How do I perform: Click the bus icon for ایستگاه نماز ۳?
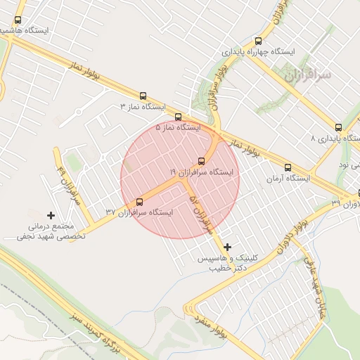pyautogui.click(x=143, y=96)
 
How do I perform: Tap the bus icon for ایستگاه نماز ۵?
pyautogui.click(x=178, y=117)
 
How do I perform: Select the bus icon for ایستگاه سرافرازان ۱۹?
pyautogui.click(x=202, y=161)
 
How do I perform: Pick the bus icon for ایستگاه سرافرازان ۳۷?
pyautogui.click(x=139, y=202)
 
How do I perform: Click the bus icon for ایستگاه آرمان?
pyautogui.click(x=288, y=167)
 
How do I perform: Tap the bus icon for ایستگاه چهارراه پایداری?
pyautogui.click(x=258, y=41)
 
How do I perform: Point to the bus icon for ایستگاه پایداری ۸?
pyautogui.click(x=339, y=128)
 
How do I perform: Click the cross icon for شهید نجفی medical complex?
pyautogui.click(x=51, y=214)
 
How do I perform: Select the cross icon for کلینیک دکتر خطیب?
pyautogui.click(x=227, y=247)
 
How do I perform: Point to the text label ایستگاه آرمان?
pyautogui.click(x=288, y=179)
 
